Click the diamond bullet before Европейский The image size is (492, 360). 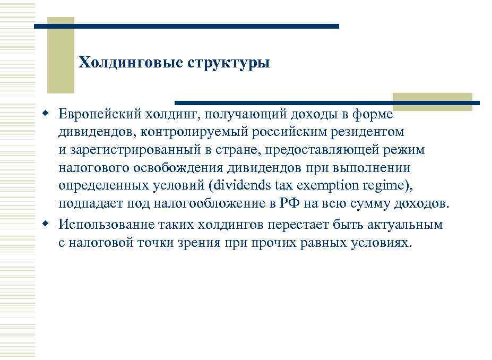(46, 113)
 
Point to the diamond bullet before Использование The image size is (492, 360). (46, 224)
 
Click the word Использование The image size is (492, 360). (106, 224)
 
